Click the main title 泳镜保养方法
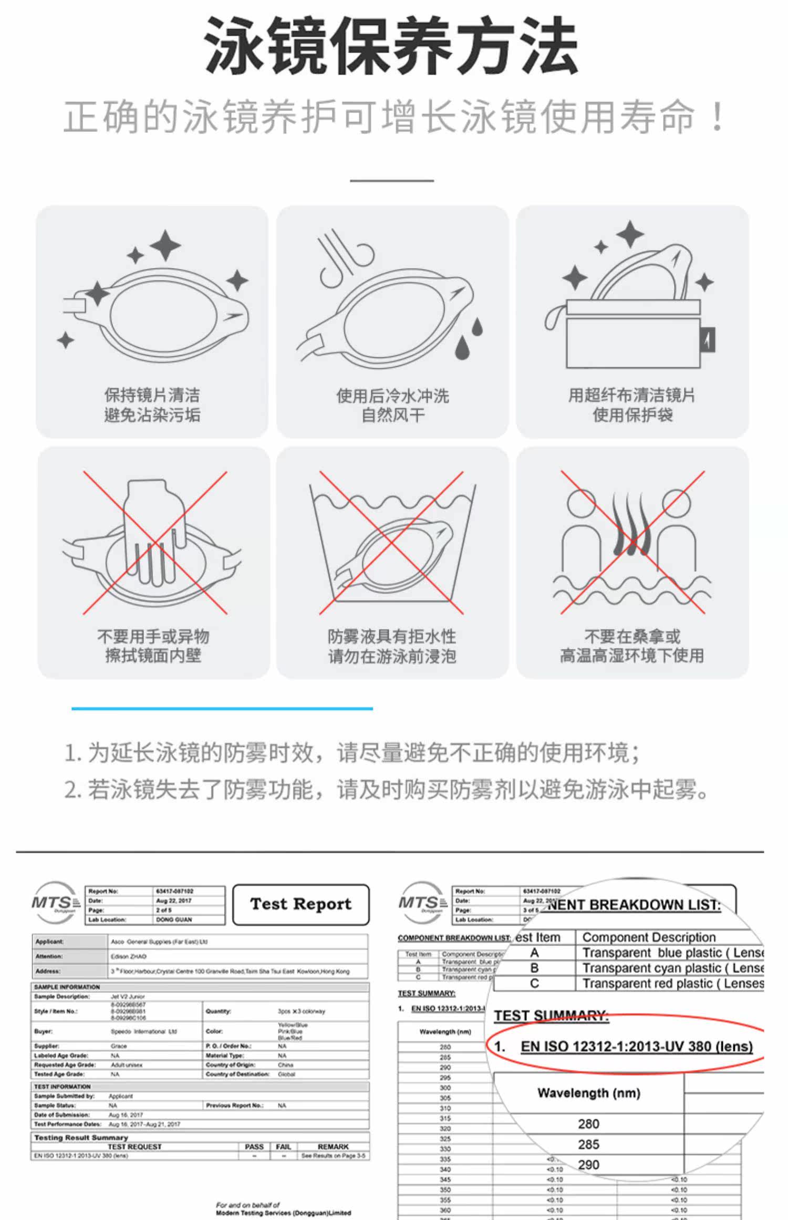391,46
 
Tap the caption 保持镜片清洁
152,395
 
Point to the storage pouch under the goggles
633,336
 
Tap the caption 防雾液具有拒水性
392,636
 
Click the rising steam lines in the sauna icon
632,525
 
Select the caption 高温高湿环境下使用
632,656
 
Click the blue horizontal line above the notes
222,709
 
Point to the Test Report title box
300,904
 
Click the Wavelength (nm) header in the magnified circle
588,1093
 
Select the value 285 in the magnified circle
588,1144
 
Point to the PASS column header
254,1147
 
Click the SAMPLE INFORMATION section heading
67,987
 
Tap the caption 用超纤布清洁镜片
632,395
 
